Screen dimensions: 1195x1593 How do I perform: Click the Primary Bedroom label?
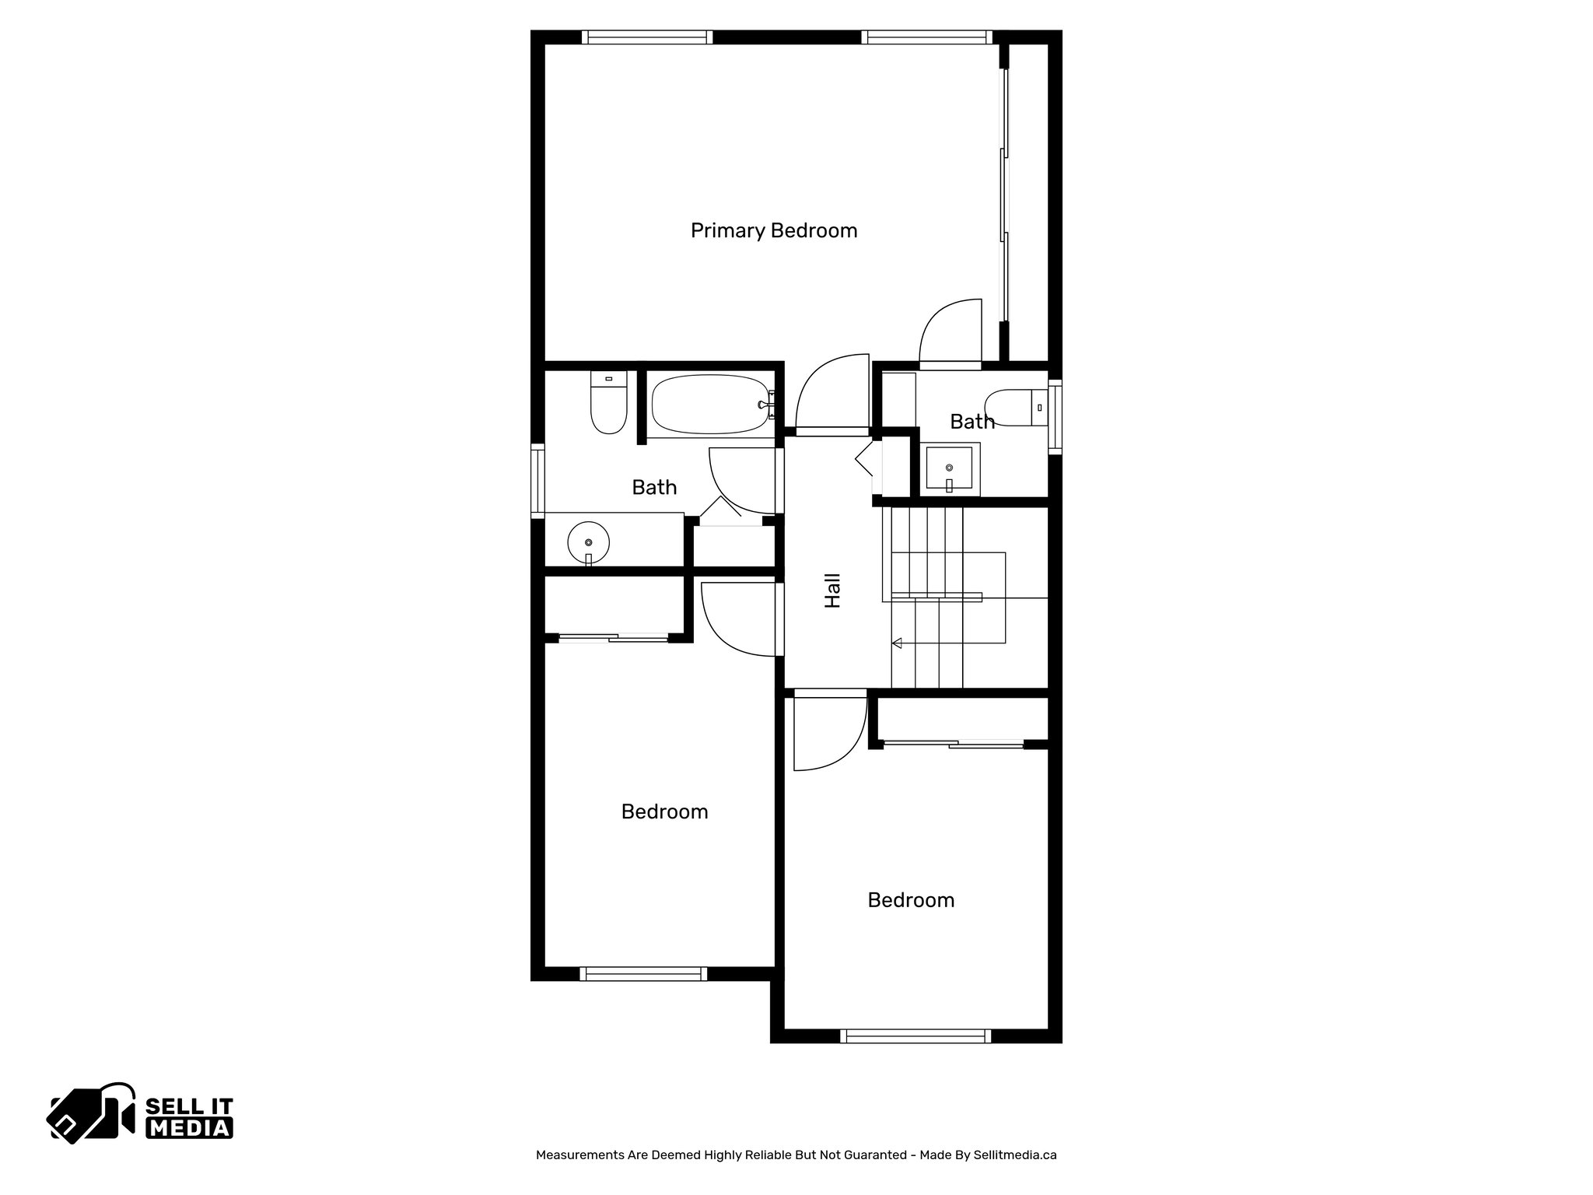(x=774, y=231)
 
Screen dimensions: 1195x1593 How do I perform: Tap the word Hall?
(x=833, y=590)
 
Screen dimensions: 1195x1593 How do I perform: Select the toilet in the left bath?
(x=608, y=405)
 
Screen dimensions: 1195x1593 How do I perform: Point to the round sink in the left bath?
(x=588, y=541)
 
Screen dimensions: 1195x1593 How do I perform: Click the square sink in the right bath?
(x=949, y=468)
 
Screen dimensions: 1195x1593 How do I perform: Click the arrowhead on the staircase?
(x=897, y=643)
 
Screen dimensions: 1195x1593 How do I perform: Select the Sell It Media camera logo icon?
(x=92, y=1113)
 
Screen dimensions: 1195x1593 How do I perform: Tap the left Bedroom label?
(x=664, y=812)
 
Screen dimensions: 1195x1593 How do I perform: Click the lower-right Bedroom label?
(x=911, y=900)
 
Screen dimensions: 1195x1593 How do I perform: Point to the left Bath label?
(x=654, y=488)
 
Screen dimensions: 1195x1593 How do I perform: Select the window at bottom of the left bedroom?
(x=643, y=973)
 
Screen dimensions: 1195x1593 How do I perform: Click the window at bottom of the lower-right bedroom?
(x=916, y=1036)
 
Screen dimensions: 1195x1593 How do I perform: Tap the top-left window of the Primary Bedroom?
(x=647, y=37)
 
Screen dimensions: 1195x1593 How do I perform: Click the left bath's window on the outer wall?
(x=537, y=481)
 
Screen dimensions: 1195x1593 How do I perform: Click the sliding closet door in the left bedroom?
(x=614, y=639)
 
